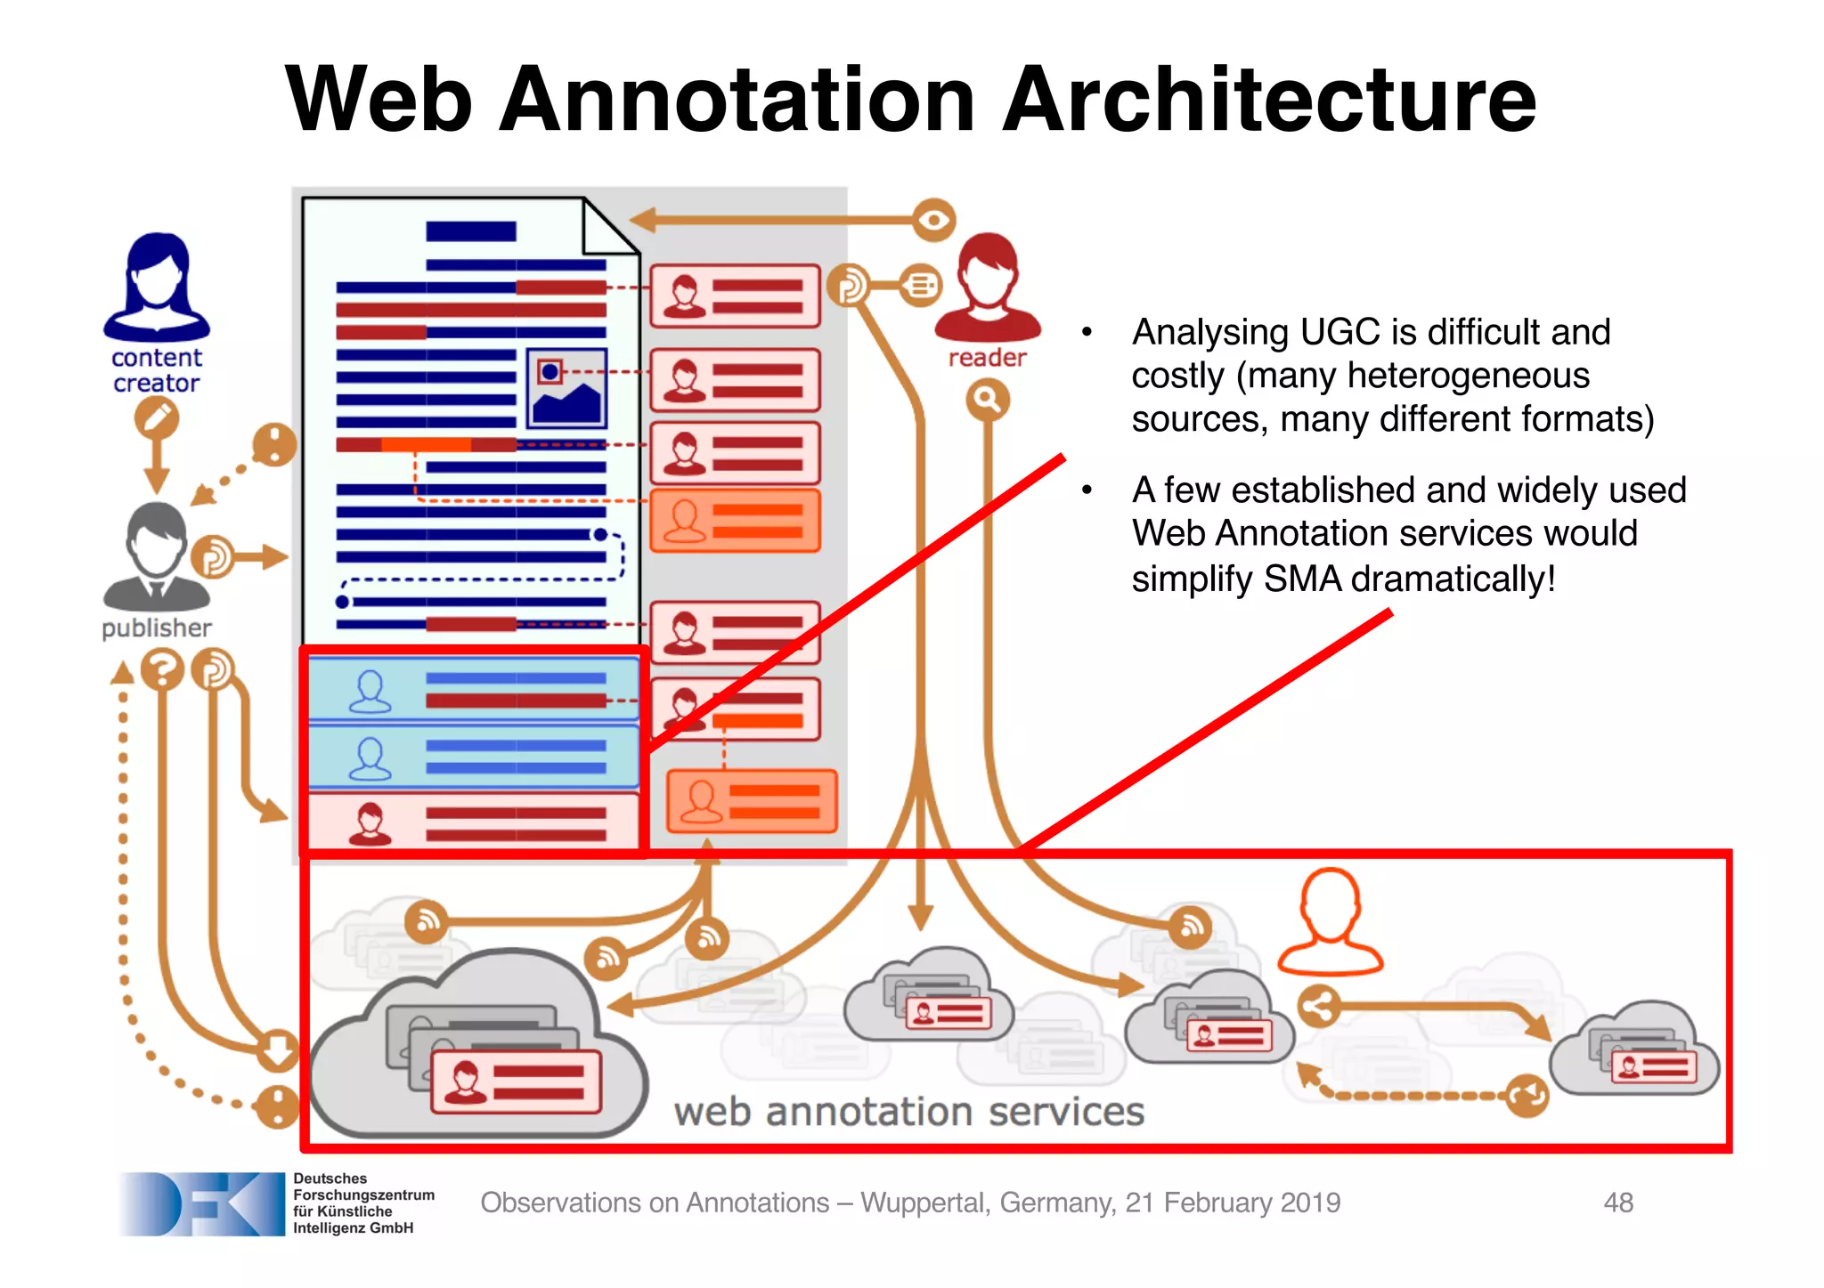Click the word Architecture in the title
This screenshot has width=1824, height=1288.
coord(1270,100)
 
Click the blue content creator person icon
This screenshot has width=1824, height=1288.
coord(157,287)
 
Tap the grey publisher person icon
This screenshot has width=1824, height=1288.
coord(157,555)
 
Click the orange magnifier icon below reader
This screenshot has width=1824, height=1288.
coord(988,400)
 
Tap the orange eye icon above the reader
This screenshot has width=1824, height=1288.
coord(932,219)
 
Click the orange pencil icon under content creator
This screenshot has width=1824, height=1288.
coord(157,417)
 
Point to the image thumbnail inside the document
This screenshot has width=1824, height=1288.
coord(566,389)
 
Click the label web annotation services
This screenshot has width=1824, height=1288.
coord(908,1112)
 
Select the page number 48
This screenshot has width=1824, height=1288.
coord(1618,1203)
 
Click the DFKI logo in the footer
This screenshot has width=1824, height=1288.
coord(201,1203)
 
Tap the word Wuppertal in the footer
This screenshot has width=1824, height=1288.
coord(924,1203)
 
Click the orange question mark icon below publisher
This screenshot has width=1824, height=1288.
coord(162,669)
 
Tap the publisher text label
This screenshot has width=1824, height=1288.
coord(157,628)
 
